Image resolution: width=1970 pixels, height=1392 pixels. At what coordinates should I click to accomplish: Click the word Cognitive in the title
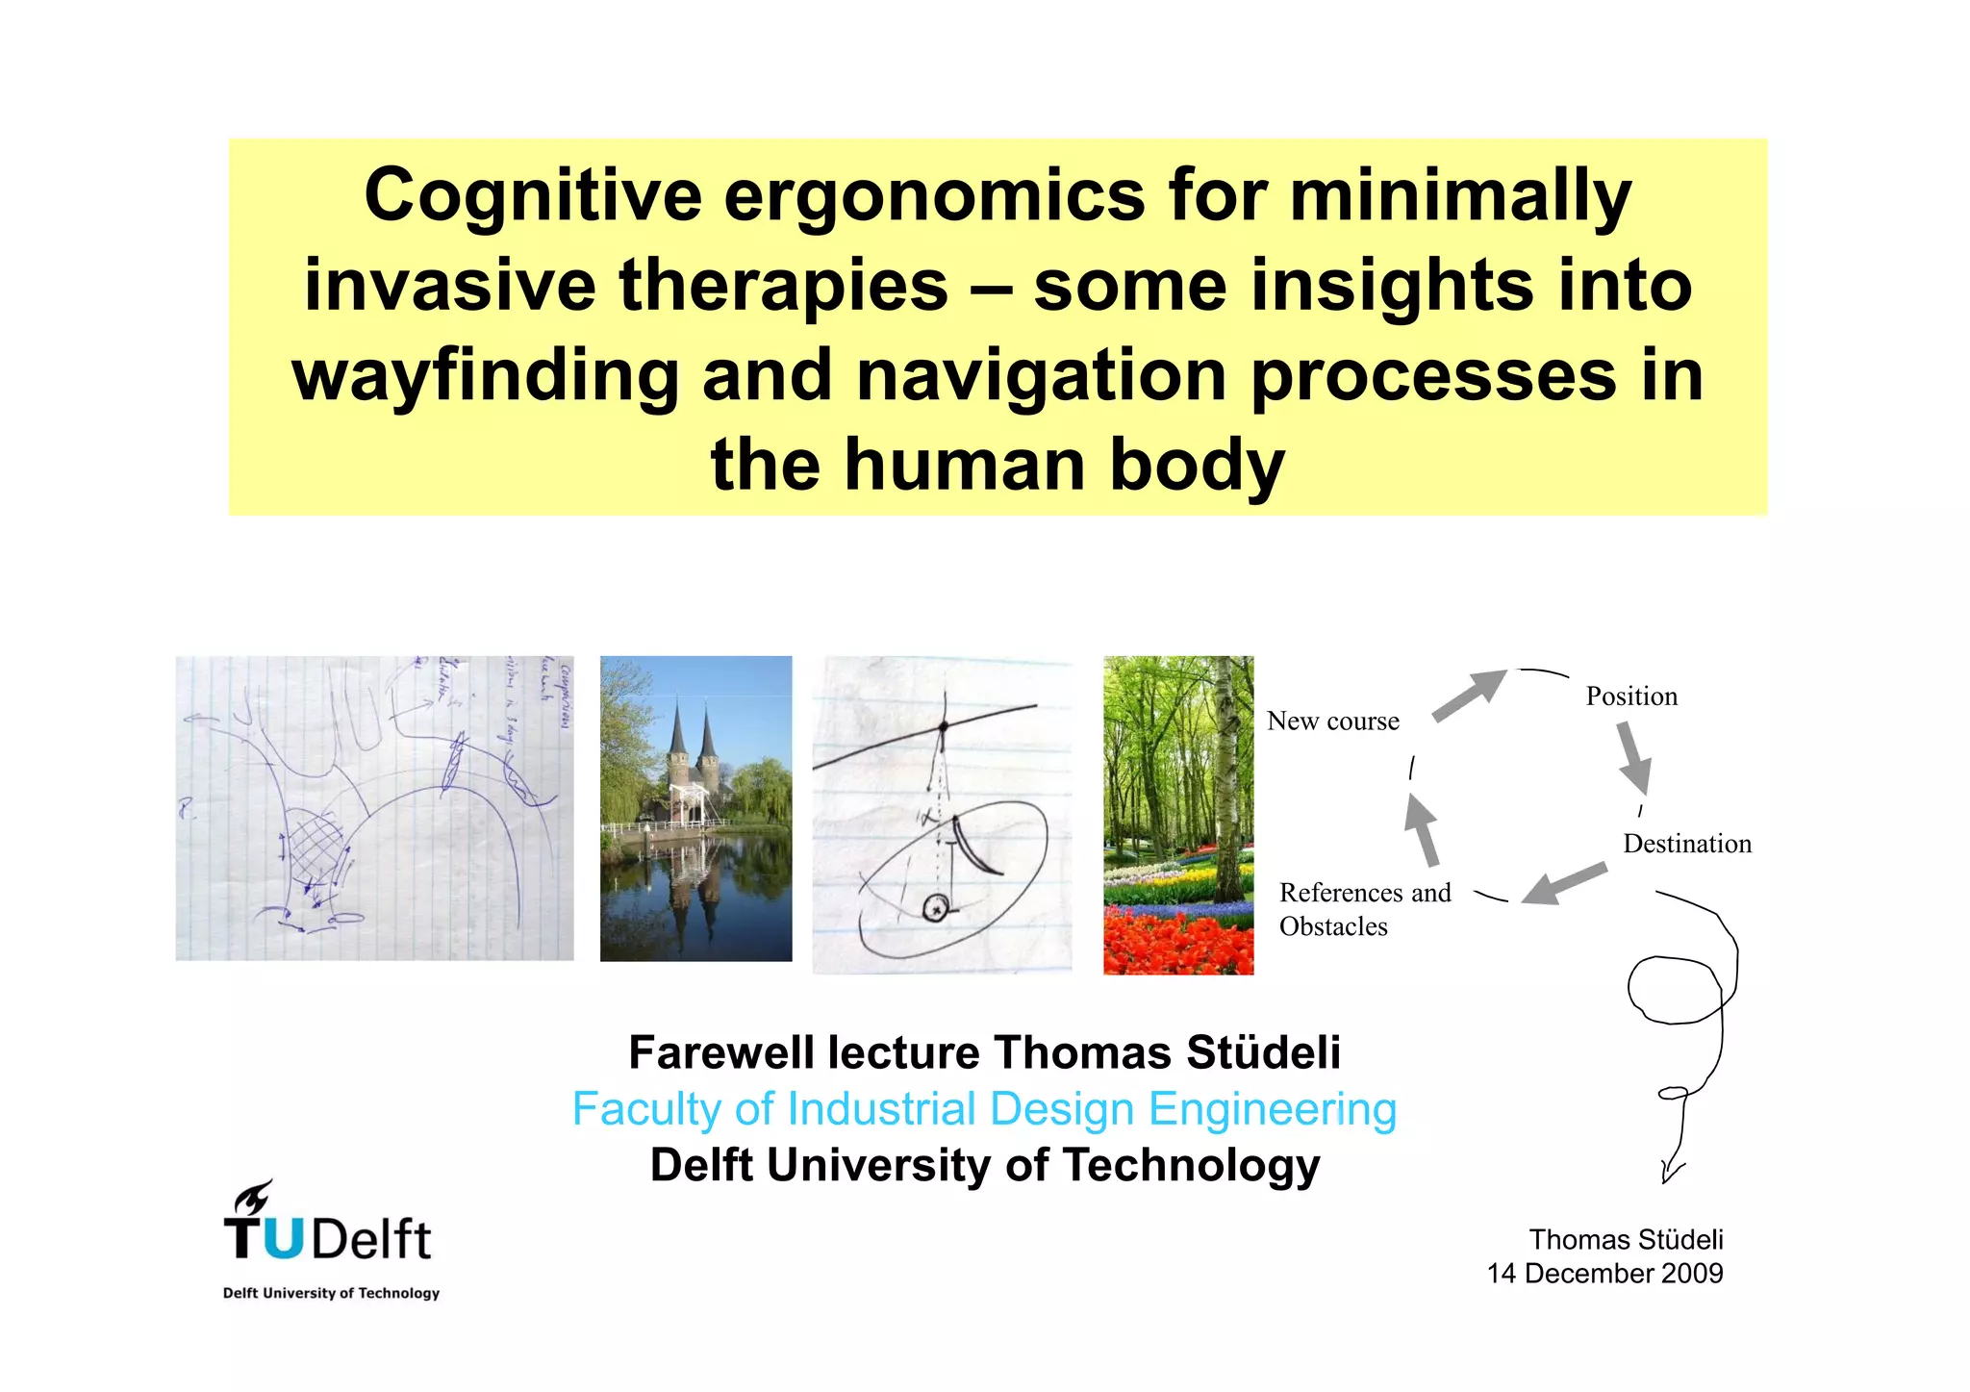[533, 196]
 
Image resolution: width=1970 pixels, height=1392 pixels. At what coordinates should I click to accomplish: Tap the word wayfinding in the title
[485, 376]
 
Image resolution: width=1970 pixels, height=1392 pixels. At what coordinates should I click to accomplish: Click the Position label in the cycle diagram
[1630, 696]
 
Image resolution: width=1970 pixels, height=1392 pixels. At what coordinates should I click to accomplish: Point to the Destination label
[1686, 844]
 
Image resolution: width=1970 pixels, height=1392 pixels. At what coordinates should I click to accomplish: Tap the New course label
[1332, 721]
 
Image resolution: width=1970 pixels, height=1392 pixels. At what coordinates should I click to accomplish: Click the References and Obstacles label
[1363, 909]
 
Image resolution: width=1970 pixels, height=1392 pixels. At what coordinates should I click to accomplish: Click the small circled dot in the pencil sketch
[935, 907]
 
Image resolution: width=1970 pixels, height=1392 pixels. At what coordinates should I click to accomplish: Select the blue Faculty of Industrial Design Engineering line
[984, 1109]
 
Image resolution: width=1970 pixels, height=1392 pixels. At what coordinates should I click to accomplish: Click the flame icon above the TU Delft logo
[254, 1198]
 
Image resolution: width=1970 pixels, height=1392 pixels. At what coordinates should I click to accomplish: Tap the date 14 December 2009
[1604, 1274]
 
